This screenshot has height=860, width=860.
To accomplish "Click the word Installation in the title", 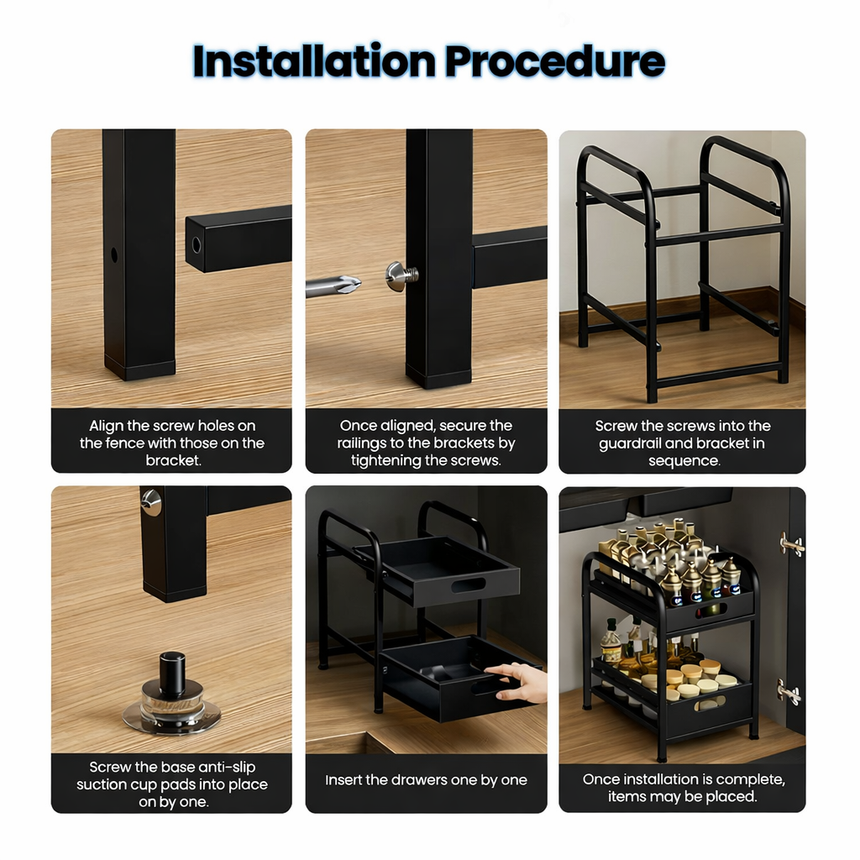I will click(312, 60).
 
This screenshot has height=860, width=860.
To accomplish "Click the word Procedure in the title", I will click(554, 60).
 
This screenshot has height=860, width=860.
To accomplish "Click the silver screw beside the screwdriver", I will click(401, 275).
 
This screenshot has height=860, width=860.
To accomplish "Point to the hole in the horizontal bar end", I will click(197, 244).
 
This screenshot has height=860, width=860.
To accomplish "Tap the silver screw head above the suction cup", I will click(151, 501).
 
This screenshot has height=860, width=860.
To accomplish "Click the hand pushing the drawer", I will click(518, 681).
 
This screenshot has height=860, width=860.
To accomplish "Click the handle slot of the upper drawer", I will click(468, 585).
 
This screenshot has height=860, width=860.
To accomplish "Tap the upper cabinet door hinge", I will click(790, 545).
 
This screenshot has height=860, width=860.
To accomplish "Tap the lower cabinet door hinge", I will click(789, 693).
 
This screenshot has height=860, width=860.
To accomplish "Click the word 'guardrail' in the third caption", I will click(632, 443).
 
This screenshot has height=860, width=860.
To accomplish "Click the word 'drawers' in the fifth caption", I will click(417, 780).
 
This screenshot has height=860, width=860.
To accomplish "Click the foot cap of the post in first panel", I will click(139, 369).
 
